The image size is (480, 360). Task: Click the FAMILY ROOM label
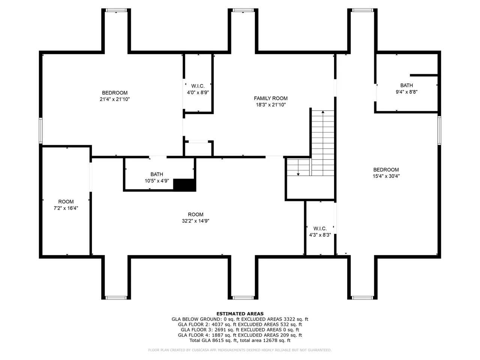coord(270,98)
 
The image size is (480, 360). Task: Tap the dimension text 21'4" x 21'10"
coord(115,99)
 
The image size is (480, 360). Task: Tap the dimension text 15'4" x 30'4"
coord(386,176)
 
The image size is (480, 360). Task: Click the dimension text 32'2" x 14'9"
coord(195,221)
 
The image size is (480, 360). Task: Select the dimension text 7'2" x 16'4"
coord(66,208)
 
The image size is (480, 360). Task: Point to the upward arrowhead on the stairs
coord(323,112)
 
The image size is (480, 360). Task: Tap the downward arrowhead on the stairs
coord(298,174)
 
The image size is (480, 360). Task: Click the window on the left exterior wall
coord(40,131)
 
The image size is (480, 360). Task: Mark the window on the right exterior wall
coord(439,130)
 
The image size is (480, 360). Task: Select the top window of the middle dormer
coord(243,10)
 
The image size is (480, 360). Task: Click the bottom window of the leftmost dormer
coord(116,298)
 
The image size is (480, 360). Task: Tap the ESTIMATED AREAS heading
coord(240,313)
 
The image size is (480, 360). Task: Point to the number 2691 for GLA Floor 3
coord(217,330)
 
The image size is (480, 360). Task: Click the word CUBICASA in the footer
coord(200,350)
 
